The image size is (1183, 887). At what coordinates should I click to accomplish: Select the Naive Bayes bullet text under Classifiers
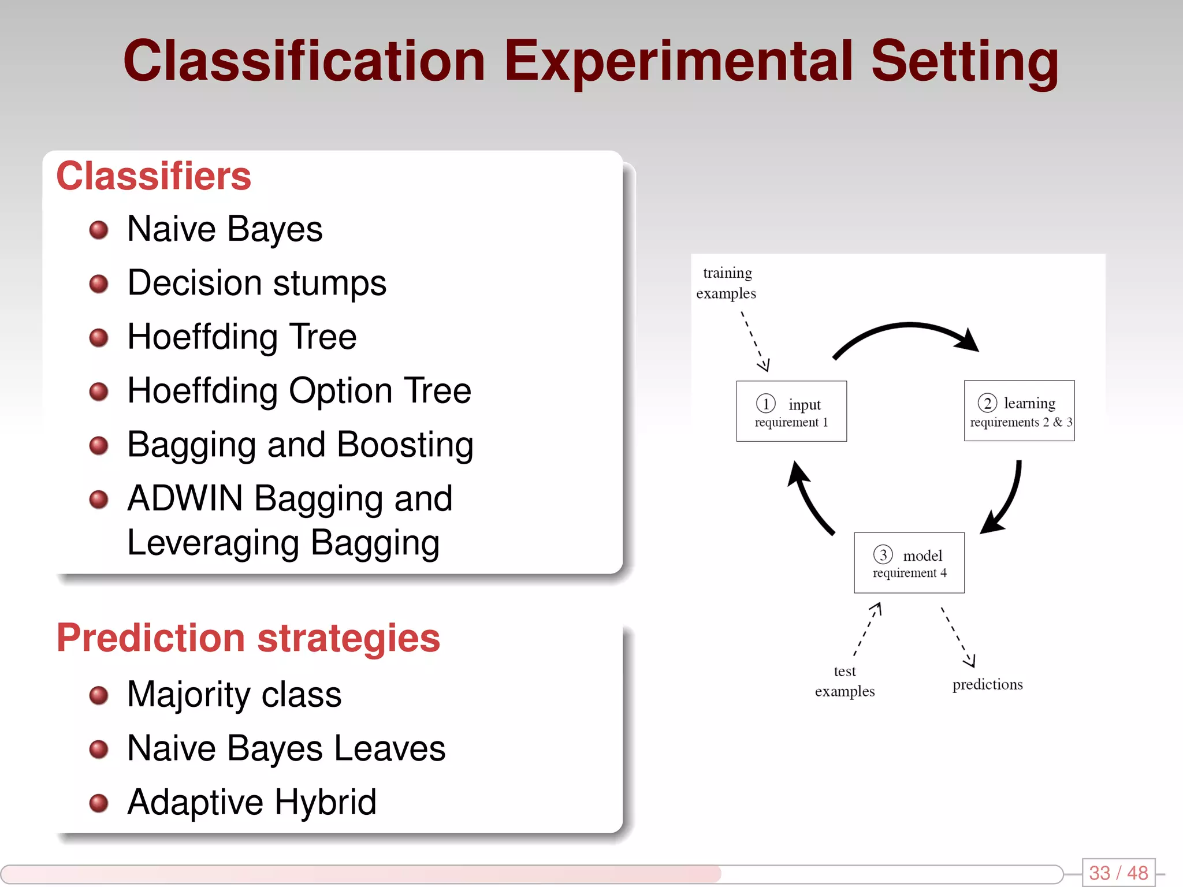[x=225, y=229]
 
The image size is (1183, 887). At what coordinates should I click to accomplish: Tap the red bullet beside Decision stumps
[x=99, y=284]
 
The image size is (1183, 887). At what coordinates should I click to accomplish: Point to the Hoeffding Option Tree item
[x=299, y=391]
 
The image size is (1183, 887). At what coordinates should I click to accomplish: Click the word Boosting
[x=405, y=445]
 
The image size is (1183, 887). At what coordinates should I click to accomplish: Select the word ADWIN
[x=185, y=498]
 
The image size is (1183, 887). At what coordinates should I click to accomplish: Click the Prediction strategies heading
[x=248, y=638]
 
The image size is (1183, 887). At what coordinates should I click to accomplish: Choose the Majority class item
[x=234, y=694]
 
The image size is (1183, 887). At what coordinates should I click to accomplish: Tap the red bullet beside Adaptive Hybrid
[x=99, y=803]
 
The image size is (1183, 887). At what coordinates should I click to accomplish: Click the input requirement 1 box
[x=791, y=411]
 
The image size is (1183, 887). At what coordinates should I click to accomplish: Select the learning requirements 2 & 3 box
[x=1019, y=411]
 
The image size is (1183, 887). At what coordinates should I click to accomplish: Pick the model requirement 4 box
[x=909, y=563]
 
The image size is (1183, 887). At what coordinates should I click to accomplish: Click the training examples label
[x=726, y=283]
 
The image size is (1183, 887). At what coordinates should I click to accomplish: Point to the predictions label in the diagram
[x=987, y=685]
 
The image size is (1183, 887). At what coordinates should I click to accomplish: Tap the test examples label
[x=845, y=681]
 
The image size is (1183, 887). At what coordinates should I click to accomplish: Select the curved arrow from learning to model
[x=1008, y=500]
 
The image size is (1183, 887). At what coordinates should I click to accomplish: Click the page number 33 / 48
[x=1118, y=873]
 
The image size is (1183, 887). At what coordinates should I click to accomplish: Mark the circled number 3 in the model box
[x=883, y=554]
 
